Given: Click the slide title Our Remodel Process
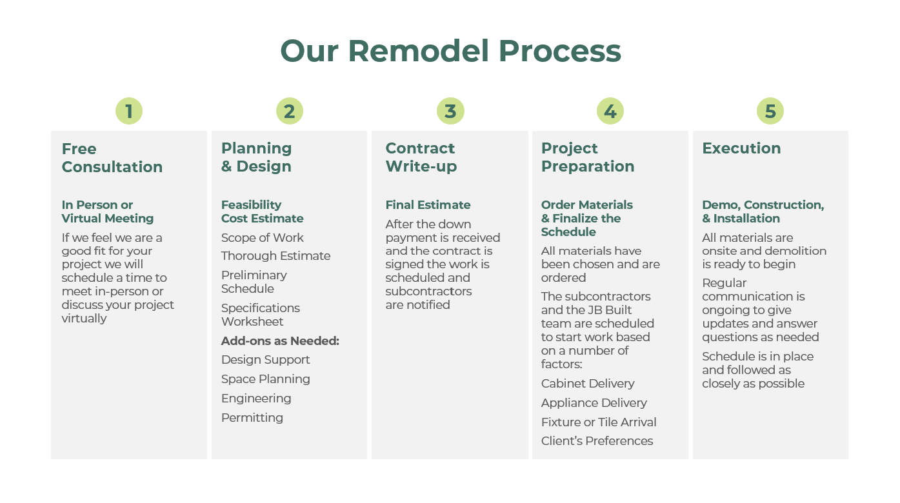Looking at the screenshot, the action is (x=450, y=51).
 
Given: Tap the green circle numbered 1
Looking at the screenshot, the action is (x=129, y=112).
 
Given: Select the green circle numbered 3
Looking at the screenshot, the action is (x=450, y=112).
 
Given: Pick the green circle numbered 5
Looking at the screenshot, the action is (x=770, y=112).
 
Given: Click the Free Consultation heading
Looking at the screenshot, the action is (x=112, y=158).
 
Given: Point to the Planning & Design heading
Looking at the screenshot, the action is (x=256, y=157).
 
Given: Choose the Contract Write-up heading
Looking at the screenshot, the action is (x=421, y=157).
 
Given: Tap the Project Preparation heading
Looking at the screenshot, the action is (x=587, y=157).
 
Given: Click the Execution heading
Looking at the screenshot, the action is (x=741, y=148).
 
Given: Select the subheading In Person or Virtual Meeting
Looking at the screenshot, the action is (x=107, y=212).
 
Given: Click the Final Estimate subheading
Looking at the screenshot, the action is (x=428, y=205).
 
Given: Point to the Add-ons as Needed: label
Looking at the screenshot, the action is (x=280, y=340).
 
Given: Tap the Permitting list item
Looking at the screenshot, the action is (x=252, y=418).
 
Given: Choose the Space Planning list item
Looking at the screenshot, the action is (x=265, y=379).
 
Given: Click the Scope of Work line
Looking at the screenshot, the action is (x=262, y=238).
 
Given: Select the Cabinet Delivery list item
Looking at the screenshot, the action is (x=588, y=384).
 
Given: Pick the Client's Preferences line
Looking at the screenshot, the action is (x=597, y=441).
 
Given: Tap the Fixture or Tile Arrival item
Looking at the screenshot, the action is (x=599, y=422).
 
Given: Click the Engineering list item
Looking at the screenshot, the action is (x=256, y=399).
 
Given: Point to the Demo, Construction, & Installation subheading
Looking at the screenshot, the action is (x=763, y=212).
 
